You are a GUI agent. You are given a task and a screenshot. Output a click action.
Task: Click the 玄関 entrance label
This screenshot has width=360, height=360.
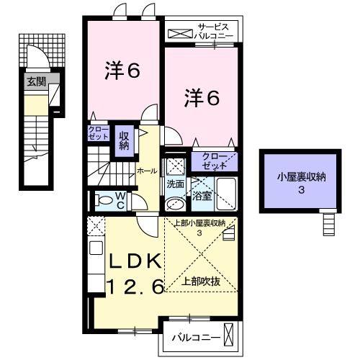point(36,82)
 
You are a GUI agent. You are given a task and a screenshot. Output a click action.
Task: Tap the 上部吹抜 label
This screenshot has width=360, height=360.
point(202,282)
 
